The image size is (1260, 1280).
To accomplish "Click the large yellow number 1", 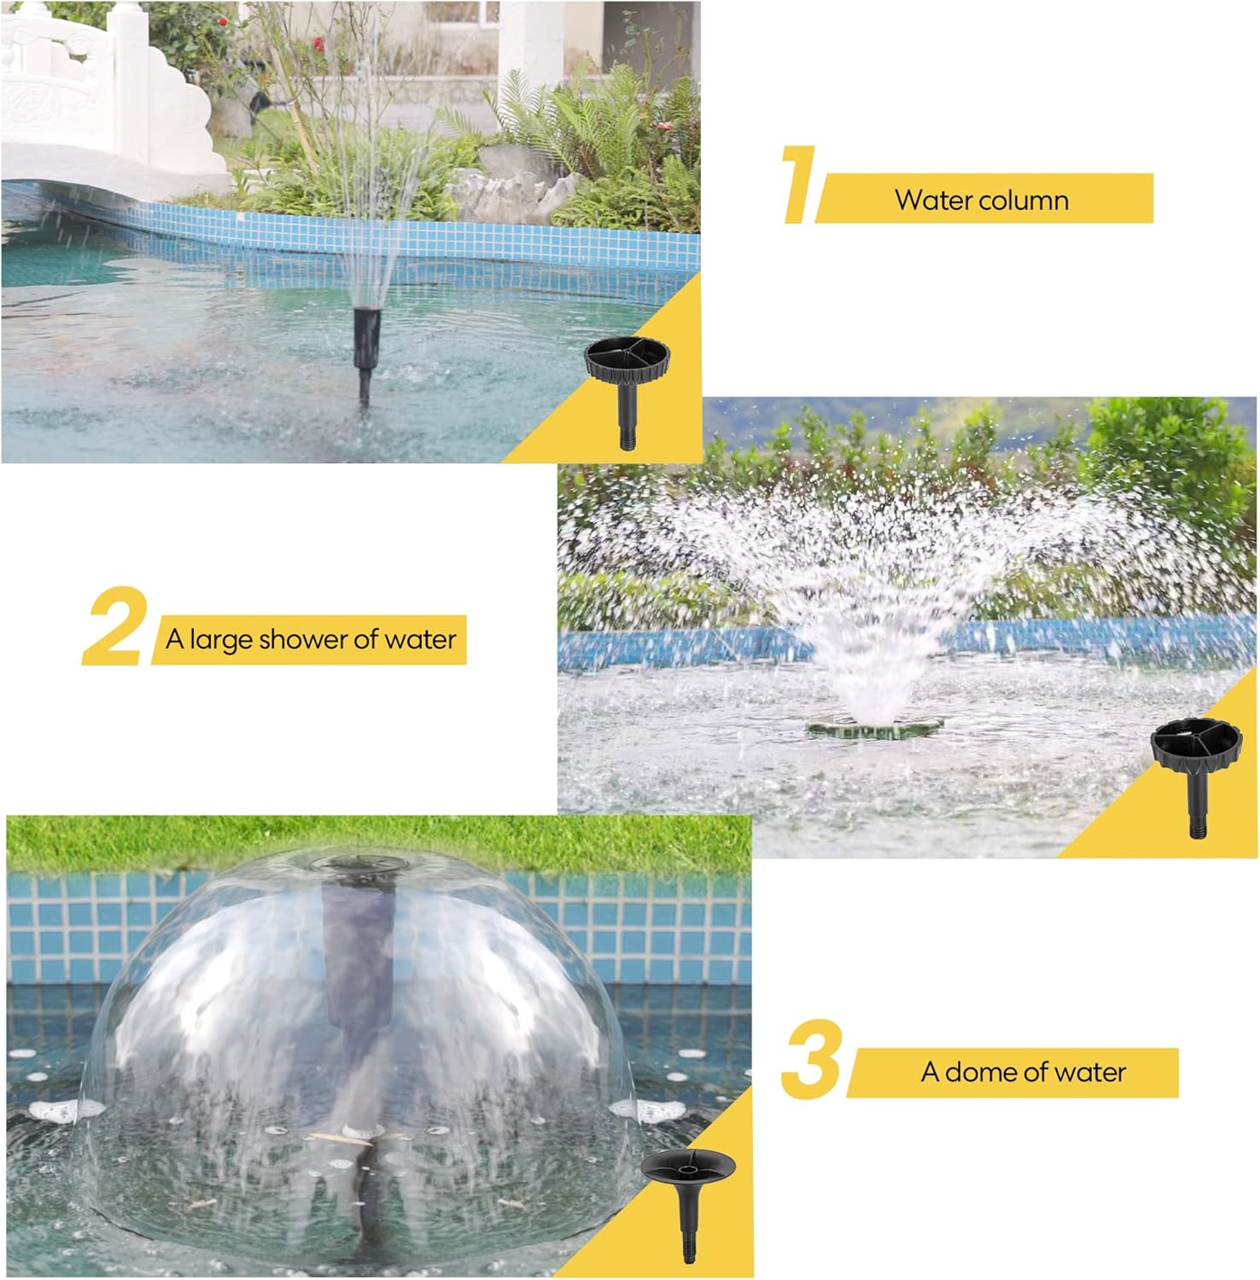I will [x=800, y=184].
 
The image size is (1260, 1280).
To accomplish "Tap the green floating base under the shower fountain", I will [x=874, y=728].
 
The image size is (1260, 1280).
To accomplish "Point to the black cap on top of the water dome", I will [x=352, y=864].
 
